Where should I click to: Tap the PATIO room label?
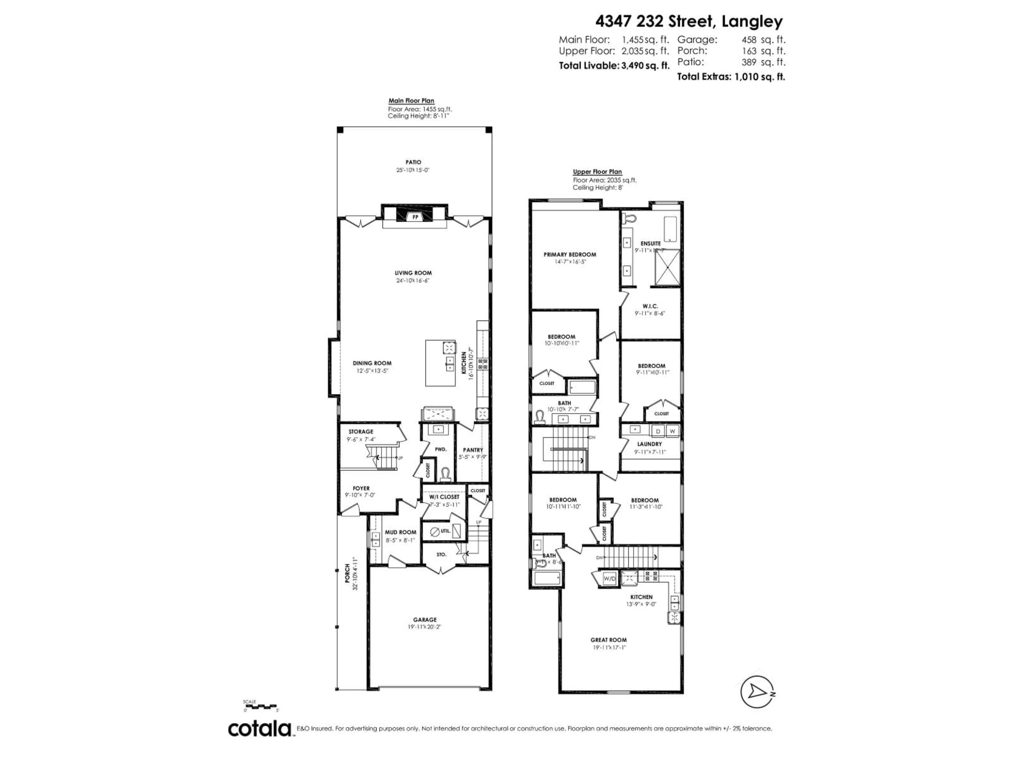[413, 162]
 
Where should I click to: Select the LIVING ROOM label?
[413, 273]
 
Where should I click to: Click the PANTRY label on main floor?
[473, 450]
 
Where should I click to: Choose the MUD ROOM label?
[400, 532]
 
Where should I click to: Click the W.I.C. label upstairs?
[650, 306]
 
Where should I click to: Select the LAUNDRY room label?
[650, 444]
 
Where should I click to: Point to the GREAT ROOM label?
[608, 640]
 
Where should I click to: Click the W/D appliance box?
[610, 579]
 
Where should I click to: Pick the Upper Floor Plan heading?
[597, 172]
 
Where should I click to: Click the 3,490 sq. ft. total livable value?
[645, 65]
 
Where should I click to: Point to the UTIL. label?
[445, 531]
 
